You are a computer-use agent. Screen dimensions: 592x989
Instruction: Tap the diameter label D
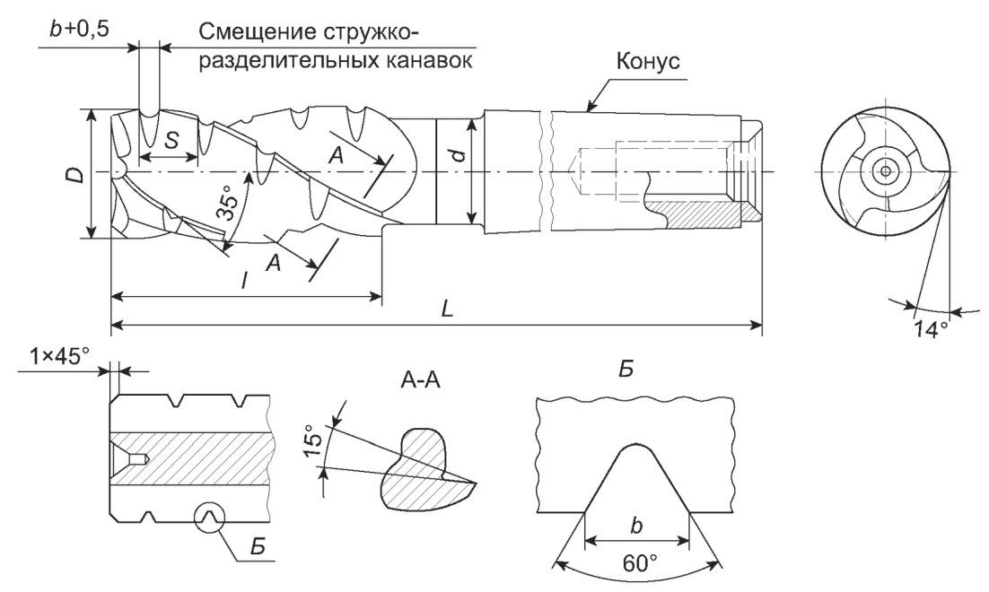(76, 173)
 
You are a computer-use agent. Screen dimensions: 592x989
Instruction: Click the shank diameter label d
(458, 158)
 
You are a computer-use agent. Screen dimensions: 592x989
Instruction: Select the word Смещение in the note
(260, 34)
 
